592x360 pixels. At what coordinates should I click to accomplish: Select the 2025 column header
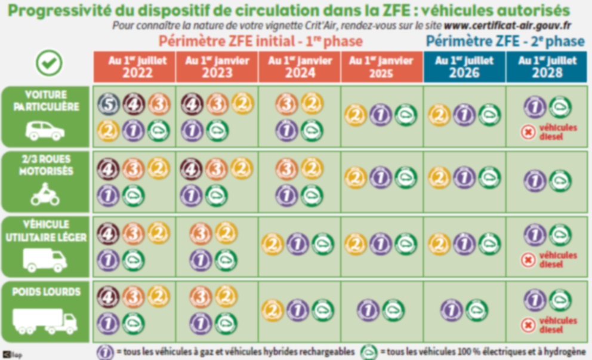point(381,67)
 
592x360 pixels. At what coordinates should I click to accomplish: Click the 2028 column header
point(547,67)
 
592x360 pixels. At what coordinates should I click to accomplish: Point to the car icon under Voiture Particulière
point(45,130)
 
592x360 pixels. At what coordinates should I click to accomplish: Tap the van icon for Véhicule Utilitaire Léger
point(45,260)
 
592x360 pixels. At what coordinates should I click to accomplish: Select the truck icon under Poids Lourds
point(45,322)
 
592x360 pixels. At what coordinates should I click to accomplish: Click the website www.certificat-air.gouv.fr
point(507,26)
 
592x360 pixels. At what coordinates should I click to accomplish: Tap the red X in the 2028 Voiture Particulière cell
point(528,132)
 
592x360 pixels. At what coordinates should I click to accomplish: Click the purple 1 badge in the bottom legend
point(105,351)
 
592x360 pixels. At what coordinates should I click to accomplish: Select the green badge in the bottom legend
point(370,351)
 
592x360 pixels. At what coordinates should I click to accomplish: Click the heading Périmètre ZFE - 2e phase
point(505,41)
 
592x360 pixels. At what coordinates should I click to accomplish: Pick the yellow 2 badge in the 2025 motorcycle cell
point(356,177)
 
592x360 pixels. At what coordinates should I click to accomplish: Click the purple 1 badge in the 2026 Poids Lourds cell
point(451,309)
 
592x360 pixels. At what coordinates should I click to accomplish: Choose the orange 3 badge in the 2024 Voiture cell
point(286,104)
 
